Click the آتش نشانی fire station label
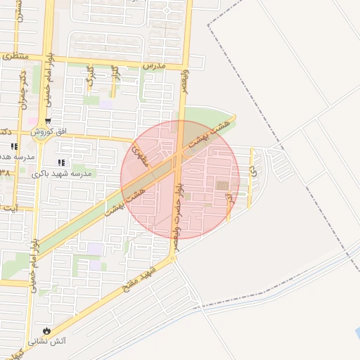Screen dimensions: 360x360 click(x=46, y=342)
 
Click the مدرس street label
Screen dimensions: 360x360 click(x=153, y=64)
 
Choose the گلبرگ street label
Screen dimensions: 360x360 click(x=89, y=76)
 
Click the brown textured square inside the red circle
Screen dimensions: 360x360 click(x=221, y=186)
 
